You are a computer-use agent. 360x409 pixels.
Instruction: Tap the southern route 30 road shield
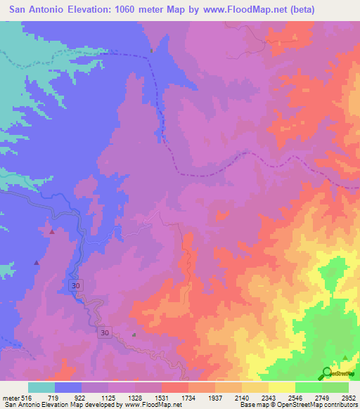[x=104, y=332]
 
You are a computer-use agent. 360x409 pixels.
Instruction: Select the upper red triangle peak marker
[x=51, y=231]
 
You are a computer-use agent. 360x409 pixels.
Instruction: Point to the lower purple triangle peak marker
[x=37, y=263]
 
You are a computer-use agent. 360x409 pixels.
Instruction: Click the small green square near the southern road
[x=134, y=335]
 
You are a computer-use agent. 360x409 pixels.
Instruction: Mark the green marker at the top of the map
[x=151, y=50]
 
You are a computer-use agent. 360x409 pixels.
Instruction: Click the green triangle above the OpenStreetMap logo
[x=345, y=358]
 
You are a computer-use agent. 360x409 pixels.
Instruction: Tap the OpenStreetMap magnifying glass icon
[x=328, y=373]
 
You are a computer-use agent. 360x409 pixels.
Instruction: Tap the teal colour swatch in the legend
[x=41, y=387]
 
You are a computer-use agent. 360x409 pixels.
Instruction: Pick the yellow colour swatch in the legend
[x=281, y=387]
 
